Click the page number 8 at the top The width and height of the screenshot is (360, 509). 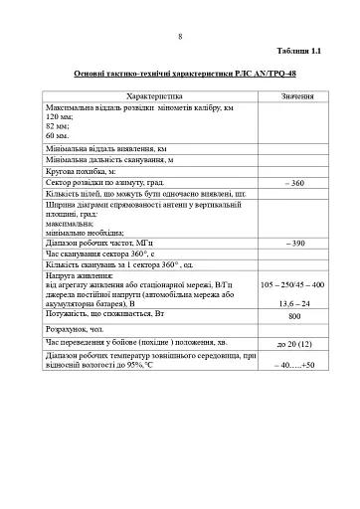[x=180, y=37]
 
